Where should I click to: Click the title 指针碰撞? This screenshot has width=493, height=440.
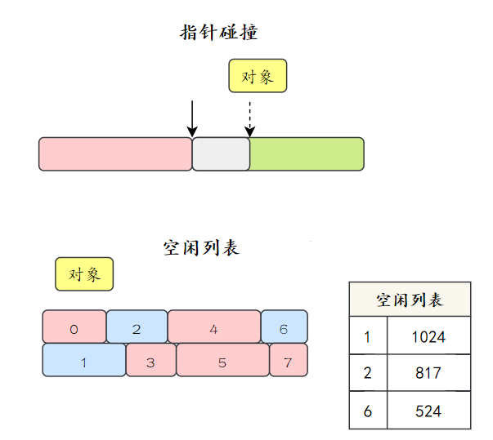(x=219, y=33)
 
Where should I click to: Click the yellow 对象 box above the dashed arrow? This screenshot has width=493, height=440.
(x=258, y=77)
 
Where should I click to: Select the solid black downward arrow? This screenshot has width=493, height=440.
(x=192, y=118)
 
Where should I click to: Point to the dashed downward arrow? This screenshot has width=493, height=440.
(x=250, y=118)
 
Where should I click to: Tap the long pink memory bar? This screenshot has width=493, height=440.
(x=115, y=153)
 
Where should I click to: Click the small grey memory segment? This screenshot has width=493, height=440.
(x=221, y=153)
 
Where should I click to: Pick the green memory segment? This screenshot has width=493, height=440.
(x=307, y=153)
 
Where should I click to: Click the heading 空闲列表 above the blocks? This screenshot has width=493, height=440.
(x=201, y=247)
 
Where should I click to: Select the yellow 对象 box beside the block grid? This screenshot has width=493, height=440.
(x=84, y=274)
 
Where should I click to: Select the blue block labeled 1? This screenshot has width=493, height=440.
(x=83, y=360)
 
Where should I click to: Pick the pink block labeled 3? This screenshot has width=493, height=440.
(x=150, y=360)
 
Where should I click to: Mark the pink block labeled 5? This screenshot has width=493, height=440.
(x=222, y=360)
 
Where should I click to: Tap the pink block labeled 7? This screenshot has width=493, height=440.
(x=289, y=360)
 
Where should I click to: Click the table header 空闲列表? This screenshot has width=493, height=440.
(x=410, y=300)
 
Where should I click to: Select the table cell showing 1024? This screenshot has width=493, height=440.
(x=428, y=336)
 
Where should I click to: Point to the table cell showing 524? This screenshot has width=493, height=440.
(x=428, y=411)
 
